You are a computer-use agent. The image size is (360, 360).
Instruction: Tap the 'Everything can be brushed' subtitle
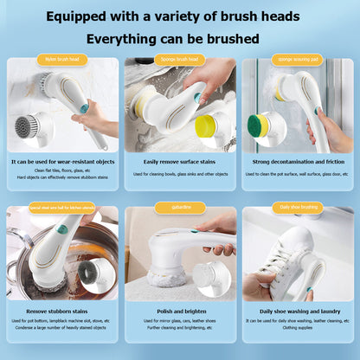pyautogui.click(x=179, y=39)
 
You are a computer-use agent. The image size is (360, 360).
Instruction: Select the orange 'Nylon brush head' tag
pyautogui.click(x=62, y=60)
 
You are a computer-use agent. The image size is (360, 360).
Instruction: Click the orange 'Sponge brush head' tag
pyautogui.click(x=180, y=60)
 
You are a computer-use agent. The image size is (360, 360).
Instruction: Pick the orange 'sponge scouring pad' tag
pyautogui.click(x=296, y=60)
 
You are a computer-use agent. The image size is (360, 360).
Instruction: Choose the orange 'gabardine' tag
pyautogui.click(x=179, y=209)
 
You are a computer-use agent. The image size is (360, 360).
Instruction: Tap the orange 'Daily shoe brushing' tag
pyautogui.click(x=297, y=209)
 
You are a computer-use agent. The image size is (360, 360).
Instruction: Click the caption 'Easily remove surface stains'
pyautogui.click(x=180, y=162)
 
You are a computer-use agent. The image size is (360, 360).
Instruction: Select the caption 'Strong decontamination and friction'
pyautogui.click(x=297, y=162)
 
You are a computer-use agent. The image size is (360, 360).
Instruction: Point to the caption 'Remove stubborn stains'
pyautogui.click(x=62, y=310)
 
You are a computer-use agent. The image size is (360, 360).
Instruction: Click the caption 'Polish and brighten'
pyautogui.click(x=180, y=310)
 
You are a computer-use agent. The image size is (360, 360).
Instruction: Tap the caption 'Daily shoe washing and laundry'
pyautogui.click(x=297, y=310)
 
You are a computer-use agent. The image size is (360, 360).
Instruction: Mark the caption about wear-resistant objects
pyautogui.click(x=62, y=162)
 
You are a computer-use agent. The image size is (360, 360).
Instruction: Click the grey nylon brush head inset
pyautogui.click(x=37, y=128)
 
